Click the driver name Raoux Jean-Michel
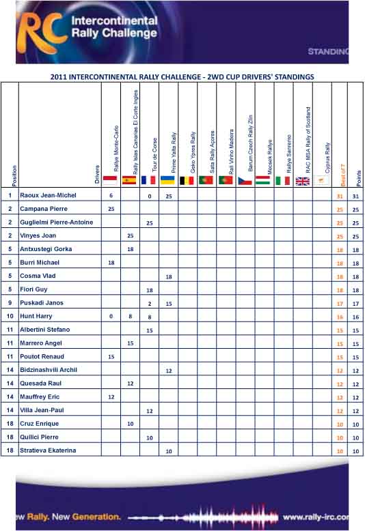47,195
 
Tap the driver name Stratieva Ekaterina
49,450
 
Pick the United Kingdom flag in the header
302,181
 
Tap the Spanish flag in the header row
129,180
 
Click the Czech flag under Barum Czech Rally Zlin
245,180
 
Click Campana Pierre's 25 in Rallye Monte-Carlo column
111,209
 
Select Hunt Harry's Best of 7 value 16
339,317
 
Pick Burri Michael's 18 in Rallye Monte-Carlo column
111,263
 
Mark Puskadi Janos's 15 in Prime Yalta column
168,303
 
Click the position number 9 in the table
10,302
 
